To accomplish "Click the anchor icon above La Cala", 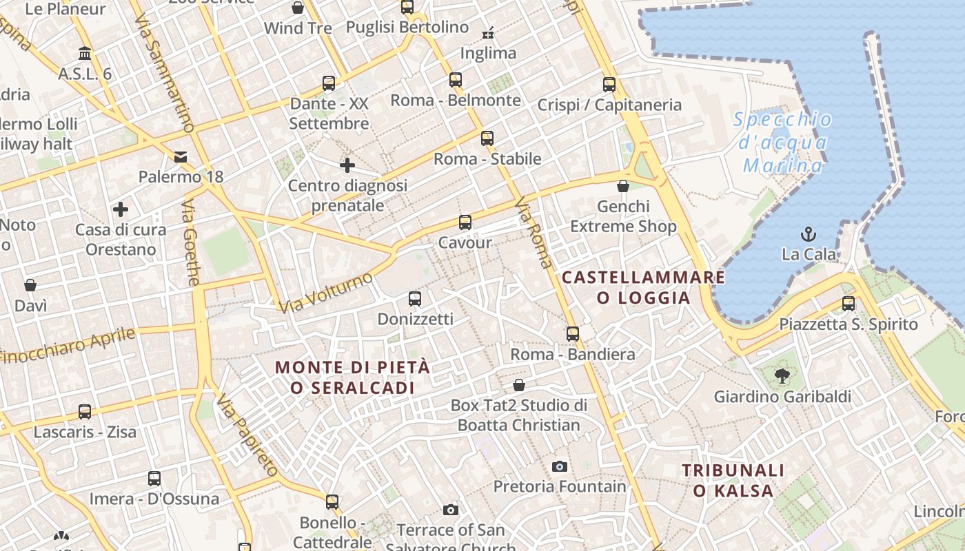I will [x=808, y=233].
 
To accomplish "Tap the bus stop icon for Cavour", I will [x=465, y=222].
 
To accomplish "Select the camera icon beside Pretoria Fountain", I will [x=560, y=466].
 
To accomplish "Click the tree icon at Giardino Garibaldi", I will [x=782, y=375].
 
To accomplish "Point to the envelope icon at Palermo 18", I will [x=181, y=157].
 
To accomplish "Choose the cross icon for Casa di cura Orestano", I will [x=121, y=209].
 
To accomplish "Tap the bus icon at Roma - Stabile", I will [x=487, y=138].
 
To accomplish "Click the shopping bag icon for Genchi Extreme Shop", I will [x=623, y=186].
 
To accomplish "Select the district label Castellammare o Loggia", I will [x=643, y=287].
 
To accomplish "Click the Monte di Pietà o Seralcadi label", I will [x=352, y=377].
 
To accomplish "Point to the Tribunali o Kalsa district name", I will [x=733, y=480].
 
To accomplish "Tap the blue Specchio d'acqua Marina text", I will [x=782, y=143].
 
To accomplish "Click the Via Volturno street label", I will [x=326, y=293].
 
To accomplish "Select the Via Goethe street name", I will [x=191, y=243].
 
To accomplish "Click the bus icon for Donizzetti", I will [x=414, y=299].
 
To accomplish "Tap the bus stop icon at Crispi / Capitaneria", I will [x=609, y=85].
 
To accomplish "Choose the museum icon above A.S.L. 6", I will [x=85, y=53].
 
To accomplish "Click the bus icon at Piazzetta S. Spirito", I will [x=849, y=303].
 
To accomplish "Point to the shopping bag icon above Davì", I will [x=30, y=285].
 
